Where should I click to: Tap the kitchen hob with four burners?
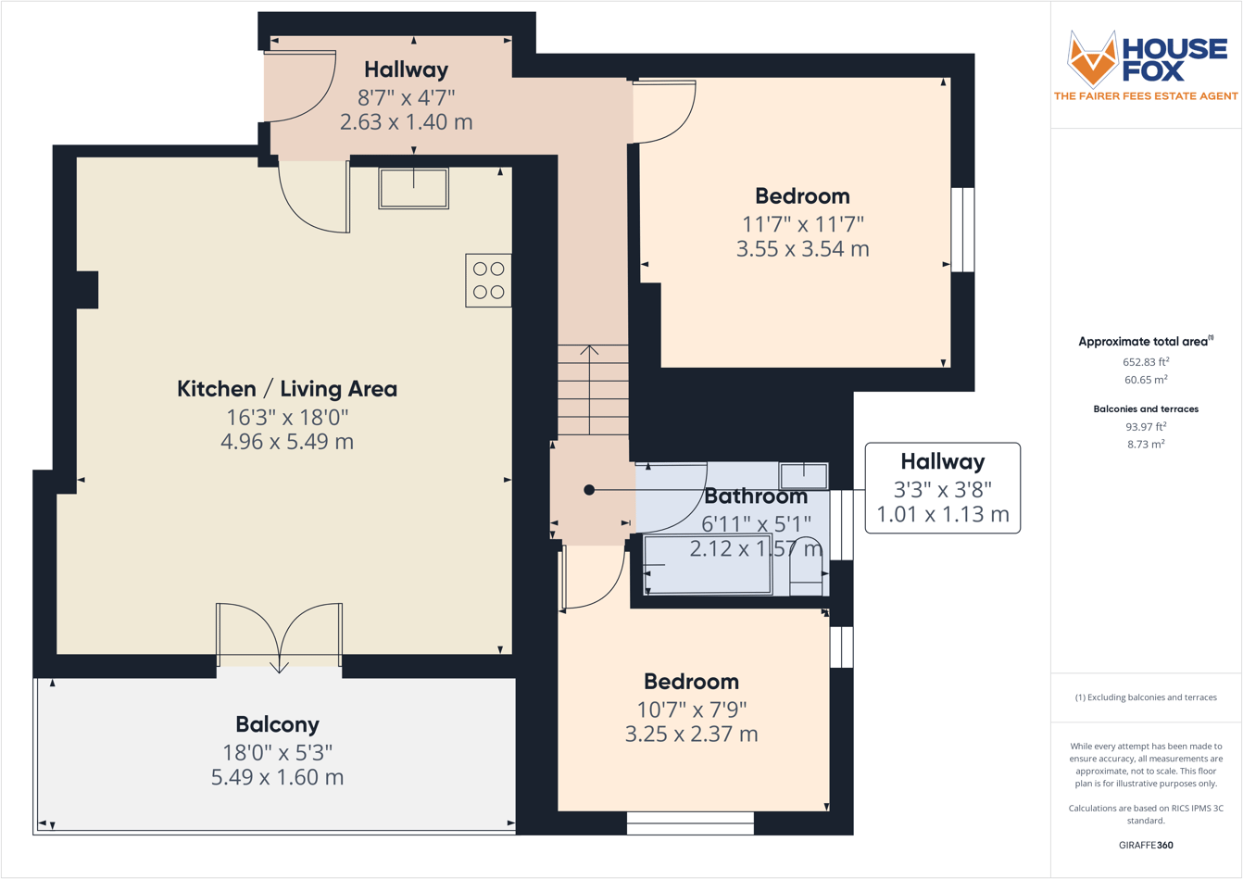pyautogui.click(x=488, y=281)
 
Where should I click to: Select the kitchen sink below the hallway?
pyautogui.click(x=413, y=188)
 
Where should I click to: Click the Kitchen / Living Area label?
pyautogui.click(x=287, y=389)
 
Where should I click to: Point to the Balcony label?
pyautogui.click(x=277, y=724)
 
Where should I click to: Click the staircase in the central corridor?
pyautogui.click(x=592, y=389)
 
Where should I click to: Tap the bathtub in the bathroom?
pyautogui.click(x=709, y=564)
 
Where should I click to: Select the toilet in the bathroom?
pyautogui.click(x=806, y=566)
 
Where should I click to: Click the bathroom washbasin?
pyautogui.click(x=803, y=475)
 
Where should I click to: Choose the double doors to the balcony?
pyautogui.click(x=279, y=634)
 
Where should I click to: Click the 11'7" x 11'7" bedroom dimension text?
pyautogui.click(x=802, y=223)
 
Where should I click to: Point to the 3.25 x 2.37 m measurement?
pyautogui.click(x=691, y=735)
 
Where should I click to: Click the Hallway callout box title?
pyautogui.click(x=942, y=461)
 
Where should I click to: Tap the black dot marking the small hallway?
pyautogui.click(x=589, y=490)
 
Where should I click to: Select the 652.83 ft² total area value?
pyautogui.click(x=1146, y=362)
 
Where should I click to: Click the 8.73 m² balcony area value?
pyautogui.click(x=1146, y=445)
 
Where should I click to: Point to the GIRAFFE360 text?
pyautogui.click(x=1146, y=845)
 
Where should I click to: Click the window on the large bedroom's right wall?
pyautogui.click(x=963, y=230)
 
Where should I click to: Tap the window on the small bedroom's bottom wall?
pyautogui.click(x=690, y=822)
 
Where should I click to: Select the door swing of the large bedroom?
pyautogui.click(x=663, y=111)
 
